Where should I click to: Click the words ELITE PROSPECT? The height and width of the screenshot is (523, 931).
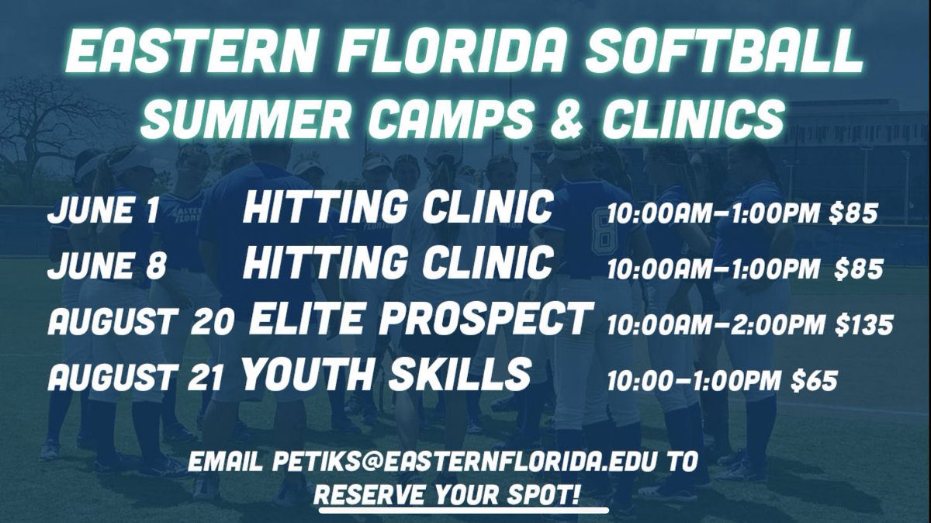click(x=418, y=318)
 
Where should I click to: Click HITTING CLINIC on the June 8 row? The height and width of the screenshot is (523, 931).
click(x=398, y=264)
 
